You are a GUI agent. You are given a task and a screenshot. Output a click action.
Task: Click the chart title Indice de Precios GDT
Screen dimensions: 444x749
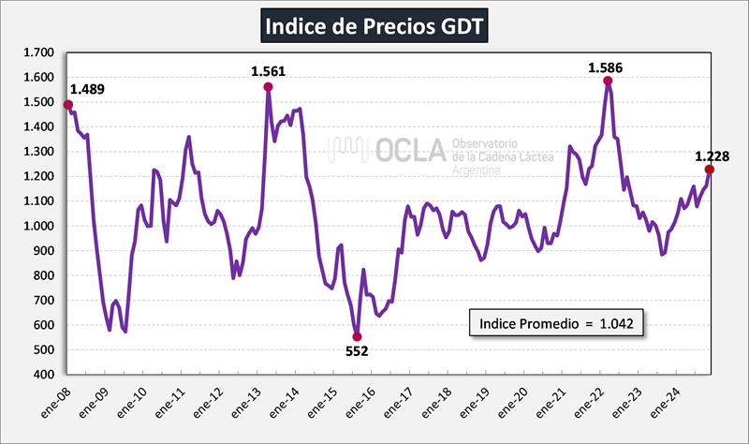point(374,25)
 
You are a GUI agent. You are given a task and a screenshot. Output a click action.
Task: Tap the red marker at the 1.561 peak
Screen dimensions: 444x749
point(268,87)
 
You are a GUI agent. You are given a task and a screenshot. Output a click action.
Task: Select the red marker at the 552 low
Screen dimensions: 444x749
point(357,336)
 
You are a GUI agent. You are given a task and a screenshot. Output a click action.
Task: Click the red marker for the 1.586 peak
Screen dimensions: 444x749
point(608,81)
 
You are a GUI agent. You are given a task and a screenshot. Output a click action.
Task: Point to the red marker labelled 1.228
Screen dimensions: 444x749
point(709,170)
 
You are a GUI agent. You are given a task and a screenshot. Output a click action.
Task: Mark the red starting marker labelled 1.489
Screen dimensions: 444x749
point(67,105)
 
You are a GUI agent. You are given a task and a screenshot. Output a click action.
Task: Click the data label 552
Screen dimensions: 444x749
point(357,352)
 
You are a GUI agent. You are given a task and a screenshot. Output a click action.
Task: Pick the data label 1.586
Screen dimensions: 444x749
point(605,67)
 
